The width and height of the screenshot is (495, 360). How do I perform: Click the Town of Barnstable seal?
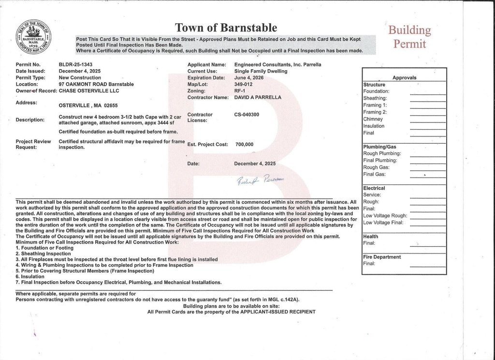(x=34, y=37)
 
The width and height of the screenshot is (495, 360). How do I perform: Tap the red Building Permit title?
(x=409, y=37)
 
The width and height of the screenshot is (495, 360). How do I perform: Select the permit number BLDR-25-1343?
(x=75, y=64)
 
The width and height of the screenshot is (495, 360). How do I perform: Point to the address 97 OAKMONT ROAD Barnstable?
(x=96, y=84)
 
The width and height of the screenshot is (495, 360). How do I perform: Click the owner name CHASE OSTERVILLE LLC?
(x=88, y=90)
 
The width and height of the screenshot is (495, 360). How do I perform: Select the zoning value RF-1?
(x=240, y=90)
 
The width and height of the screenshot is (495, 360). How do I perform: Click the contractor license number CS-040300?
(x=247, y=115)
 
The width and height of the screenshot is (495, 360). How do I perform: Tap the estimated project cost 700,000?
(x=245, y=144)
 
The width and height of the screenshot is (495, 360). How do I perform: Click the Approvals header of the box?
(x=404, y=77)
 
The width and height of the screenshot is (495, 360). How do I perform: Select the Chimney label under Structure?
(x=373, y=119)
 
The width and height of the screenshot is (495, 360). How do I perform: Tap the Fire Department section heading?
(x=382, y=257)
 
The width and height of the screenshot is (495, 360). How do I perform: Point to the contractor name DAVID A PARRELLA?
(x=257, y=97)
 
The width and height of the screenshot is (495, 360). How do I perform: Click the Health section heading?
(x=371, y=237)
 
